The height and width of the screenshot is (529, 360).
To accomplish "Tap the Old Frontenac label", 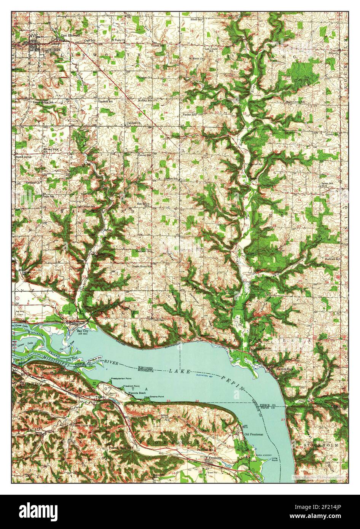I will point(254,434).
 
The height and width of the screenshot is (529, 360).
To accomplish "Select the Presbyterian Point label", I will point(121,379).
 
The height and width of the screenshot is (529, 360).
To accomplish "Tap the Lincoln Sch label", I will point(332,134).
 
